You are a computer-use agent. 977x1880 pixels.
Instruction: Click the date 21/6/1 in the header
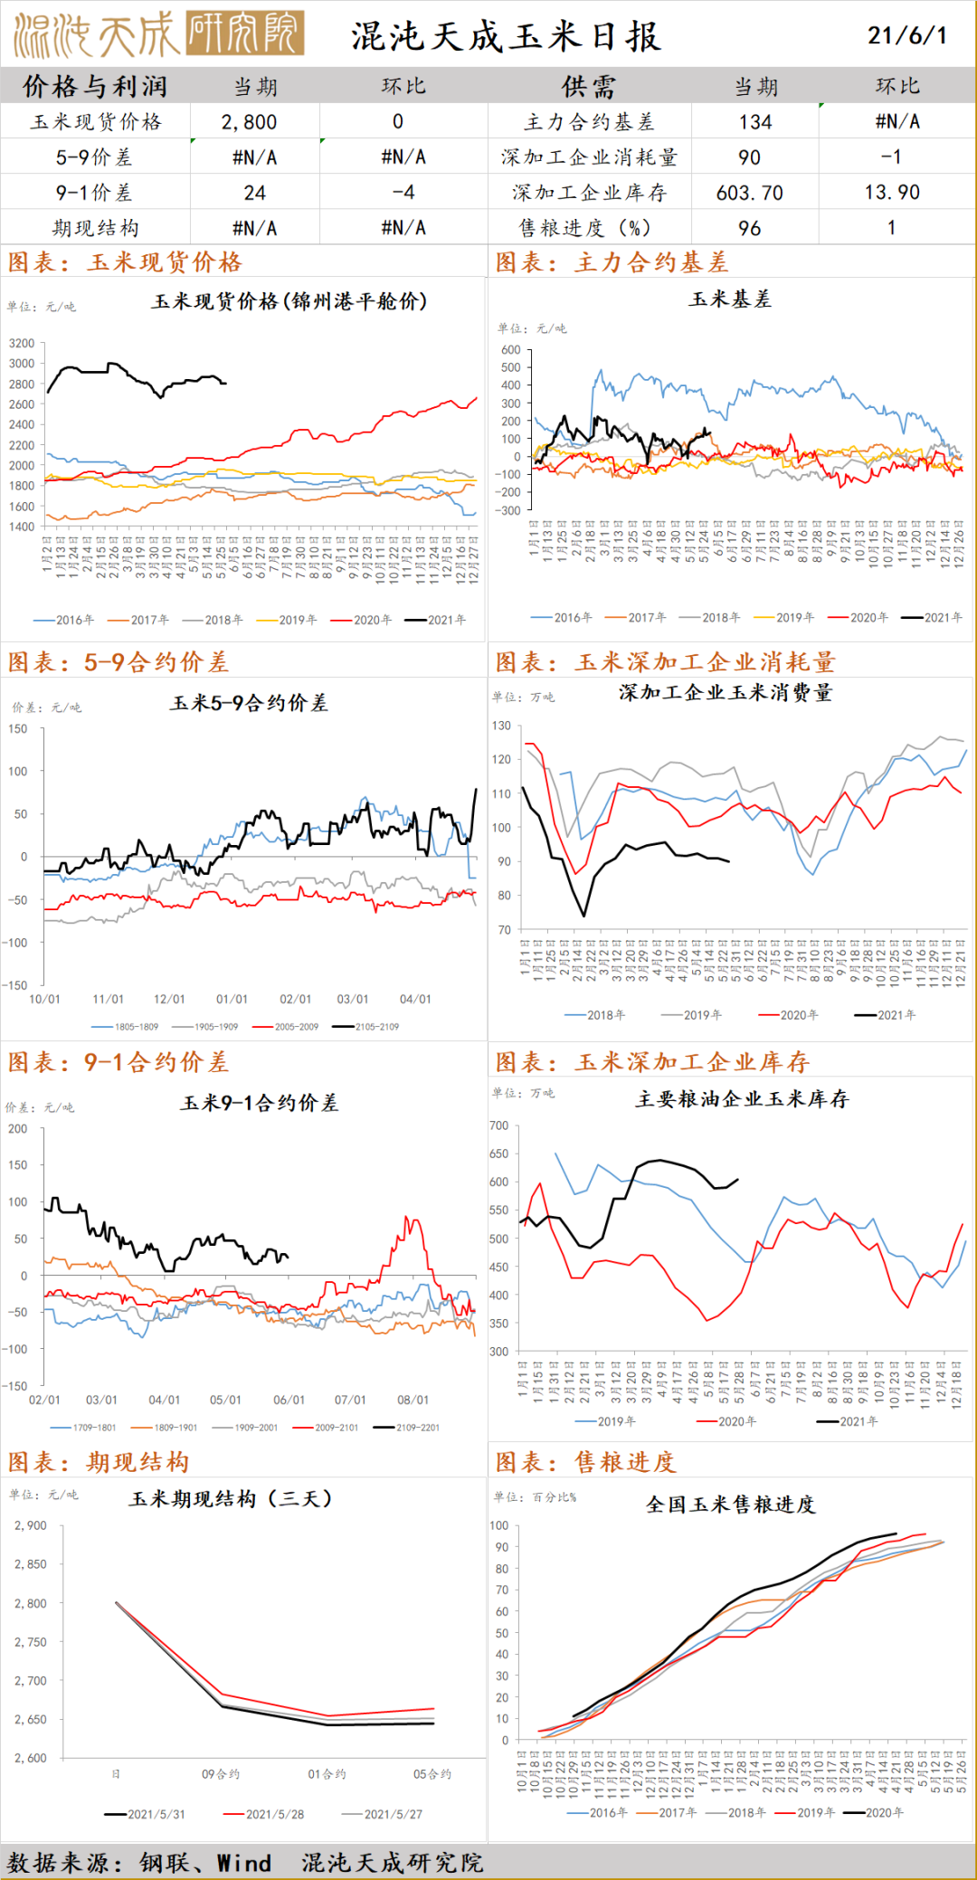pyautogui.click(x=906, y=35)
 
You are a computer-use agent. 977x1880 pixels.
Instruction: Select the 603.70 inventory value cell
pyautogui.click(x=749, y=193)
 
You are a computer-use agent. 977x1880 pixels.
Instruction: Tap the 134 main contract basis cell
pyautogui.click(x=754, y=122)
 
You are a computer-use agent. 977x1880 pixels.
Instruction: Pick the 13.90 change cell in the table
pyautogui.click(x=891, y=193)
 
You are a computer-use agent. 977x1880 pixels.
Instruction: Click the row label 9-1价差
pyautogui.click(x=94, y=193)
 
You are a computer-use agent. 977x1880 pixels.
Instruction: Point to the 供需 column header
pyautogui.click(x=588, y=87)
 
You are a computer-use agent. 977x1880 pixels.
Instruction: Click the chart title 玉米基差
pyautogui.click(x=730, y=299)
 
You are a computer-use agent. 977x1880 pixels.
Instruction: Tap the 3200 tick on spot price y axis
pyautogui.click(x=22, y=343)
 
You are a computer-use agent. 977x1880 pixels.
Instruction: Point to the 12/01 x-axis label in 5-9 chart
pyautogui.click(x=169, y=999)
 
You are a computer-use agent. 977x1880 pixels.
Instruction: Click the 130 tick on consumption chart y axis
pyautogui.click(x=501, y=726)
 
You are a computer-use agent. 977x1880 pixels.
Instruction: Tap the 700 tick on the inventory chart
pyautogui.click(x=498, y=1125)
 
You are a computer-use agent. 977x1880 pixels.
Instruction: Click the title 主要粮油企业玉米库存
pyautogui.click(x=742, y=1099)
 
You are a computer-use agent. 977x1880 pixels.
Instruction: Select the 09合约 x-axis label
pyautogui.click(x=221, y=1774)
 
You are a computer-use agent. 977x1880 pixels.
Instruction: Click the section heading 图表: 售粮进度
pyautogui.click(x=585, y=1462)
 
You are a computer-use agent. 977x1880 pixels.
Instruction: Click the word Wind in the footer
pyautogui.click(x=243, y=1863)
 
